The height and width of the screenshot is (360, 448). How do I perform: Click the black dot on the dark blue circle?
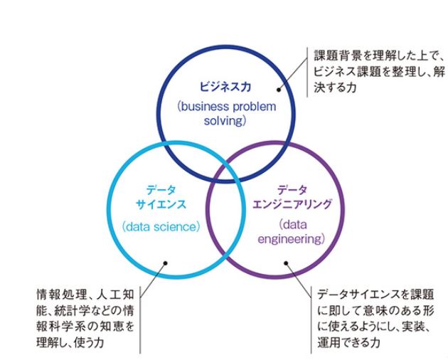point(278,90)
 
